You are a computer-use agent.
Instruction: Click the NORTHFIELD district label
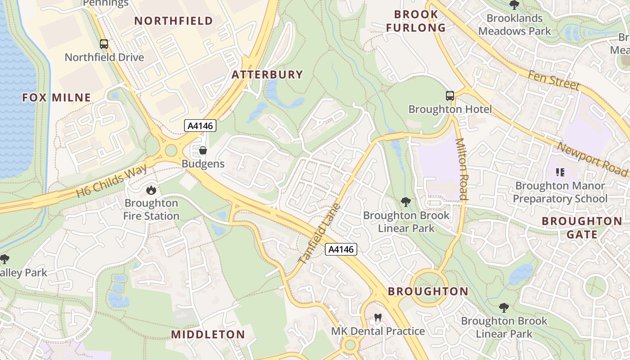173,21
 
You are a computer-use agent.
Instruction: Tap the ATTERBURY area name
267,75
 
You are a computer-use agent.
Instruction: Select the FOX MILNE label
56,97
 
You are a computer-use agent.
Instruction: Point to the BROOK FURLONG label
416,21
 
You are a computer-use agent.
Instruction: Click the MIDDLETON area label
208,334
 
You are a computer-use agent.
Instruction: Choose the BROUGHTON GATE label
582,228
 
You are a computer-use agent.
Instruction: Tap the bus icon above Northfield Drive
104,44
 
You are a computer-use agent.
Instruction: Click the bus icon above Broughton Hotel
450,95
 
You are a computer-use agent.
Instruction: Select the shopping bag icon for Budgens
203,150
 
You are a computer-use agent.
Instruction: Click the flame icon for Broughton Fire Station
151,190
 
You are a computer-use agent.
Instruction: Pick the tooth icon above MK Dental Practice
378,318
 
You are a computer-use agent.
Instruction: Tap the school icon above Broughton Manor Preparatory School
560,172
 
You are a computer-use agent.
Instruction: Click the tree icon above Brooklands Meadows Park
514,5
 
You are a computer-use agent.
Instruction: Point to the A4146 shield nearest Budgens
201,126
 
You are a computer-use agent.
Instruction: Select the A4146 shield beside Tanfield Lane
341,249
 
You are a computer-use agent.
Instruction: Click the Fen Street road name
553,80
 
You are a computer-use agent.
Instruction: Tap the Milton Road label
462,169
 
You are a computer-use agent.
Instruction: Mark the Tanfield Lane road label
320,234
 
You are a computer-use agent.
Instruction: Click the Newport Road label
592,159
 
